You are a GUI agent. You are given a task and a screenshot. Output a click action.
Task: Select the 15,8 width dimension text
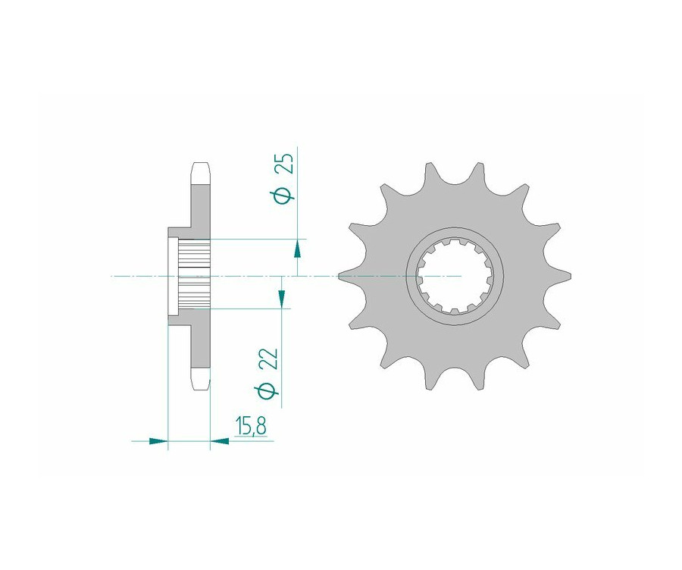point(251,427)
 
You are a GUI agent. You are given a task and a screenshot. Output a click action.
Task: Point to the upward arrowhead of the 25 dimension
point(298,249)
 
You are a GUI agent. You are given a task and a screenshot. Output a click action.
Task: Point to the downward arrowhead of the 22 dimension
point(282,299)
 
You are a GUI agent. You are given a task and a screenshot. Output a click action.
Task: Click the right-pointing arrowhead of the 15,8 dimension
point(158,441)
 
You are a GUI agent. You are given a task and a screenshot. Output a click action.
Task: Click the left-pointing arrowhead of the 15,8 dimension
point(220,441)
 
